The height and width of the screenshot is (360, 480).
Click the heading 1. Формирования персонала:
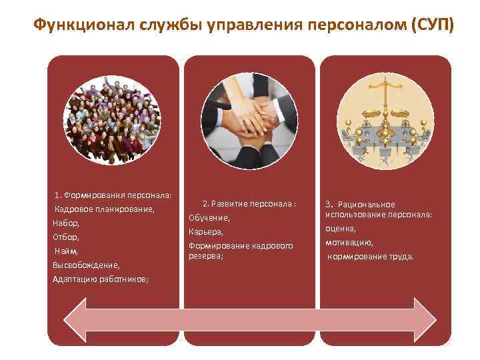tap(113, 195)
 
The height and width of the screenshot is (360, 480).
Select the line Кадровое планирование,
tap(105, 209)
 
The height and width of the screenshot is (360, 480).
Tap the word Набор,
tap(66, 223)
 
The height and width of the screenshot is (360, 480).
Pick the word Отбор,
tap(66, 237)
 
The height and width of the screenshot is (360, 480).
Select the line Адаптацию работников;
tap(101, 279)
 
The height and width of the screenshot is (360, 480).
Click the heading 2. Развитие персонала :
tap(249, 203)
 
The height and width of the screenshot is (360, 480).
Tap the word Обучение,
tap(209, 218)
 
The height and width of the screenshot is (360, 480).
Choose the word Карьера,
tap(206, 232)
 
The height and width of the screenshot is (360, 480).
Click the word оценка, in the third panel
tap(341, 229)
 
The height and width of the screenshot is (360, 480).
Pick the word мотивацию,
tap(349, 243)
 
